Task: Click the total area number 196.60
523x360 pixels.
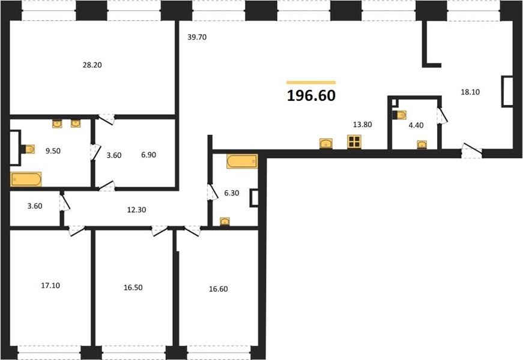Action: coord(311,95)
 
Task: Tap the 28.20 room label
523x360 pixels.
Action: coord(92,65)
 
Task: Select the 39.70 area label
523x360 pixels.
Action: coord(197,37)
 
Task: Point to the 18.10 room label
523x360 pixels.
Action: coord(470,92)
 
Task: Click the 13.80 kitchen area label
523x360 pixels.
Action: coord(363,125)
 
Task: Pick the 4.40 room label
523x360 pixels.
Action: coord(416,125)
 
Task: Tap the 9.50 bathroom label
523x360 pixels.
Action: coord(53,151)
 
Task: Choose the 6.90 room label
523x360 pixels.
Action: coord(148,155)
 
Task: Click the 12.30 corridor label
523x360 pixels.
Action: coord(137,210)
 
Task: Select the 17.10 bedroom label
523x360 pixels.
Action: coord(50,286)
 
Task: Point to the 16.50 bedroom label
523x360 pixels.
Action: coord(133,287)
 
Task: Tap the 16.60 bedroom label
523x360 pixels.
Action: coord(219,289)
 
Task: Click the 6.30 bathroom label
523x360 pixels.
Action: coord(232,193)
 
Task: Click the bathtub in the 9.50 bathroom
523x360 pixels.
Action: coord(26,179)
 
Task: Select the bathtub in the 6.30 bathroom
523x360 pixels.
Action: coord(242,161)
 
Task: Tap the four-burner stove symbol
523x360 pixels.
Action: coord(354,142)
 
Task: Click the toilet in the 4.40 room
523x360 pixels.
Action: coord(399,115)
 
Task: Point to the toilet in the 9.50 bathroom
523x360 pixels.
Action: coord(28,149)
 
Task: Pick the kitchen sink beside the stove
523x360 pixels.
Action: coord(326,143)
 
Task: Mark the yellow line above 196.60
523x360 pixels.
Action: coord(311,82)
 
